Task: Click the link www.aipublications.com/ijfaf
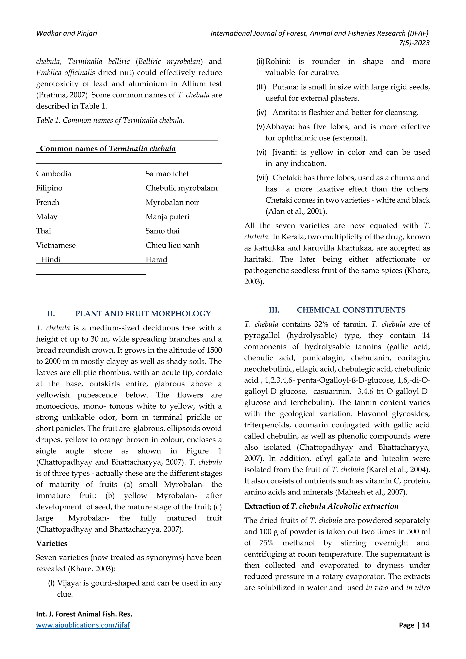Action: (83, 625)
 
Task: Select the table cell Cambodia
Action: (53, 174)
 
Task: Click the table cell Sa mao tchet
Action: (167, 174)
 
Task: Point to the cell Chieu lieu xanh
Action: (172, 245)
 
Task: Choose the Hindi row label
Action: (51, 260)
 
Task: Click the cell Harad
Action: (156, 260)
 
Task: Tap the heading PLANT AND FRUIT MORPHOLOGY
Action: (143, 314)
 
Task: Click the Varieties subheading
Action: (52, 543)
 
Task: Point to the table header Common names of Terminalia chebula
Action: (108, 149)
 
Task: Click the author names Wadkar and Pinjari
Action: (67, 33)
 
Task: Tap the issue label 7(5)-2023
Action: (414, 43)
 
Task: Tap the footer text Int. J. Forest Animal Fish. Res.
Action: (84, 614)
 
